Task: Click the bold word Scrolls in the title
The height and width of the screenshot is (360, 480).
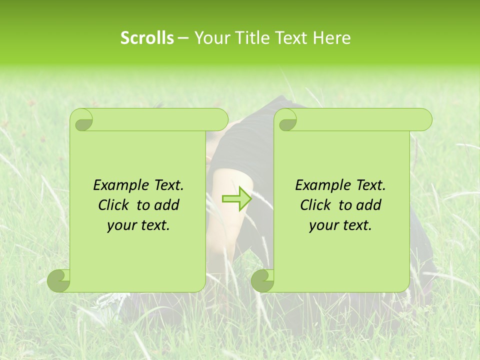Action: click(x=147, y=38)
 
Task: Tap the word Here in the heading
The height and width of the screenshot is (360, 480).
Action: click(x=331, y=38)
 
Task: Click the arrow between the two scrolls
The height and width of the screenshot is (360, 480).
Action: click(x=236, y=198)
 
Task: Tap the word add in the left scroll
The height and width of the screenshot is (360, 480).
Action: click(x=167, y=205)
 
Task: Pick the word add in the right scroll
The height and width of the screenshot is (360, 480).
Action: click(x=369, y=205)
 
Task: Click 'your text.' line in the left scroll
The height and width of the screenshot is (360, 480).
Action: click(x=138, y=225)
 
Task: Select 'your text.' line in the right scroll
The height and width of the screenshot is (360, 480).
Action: click(x=340, y=225)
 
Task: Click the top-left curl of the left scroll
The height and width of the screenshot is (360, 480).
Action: click(x=82, y=119)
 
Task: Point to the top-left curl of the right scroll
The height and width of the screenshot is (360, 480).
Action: click(x=286, y=119)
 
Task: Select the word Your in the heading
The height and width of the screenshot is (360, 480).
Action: click(x=210, y=38)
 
